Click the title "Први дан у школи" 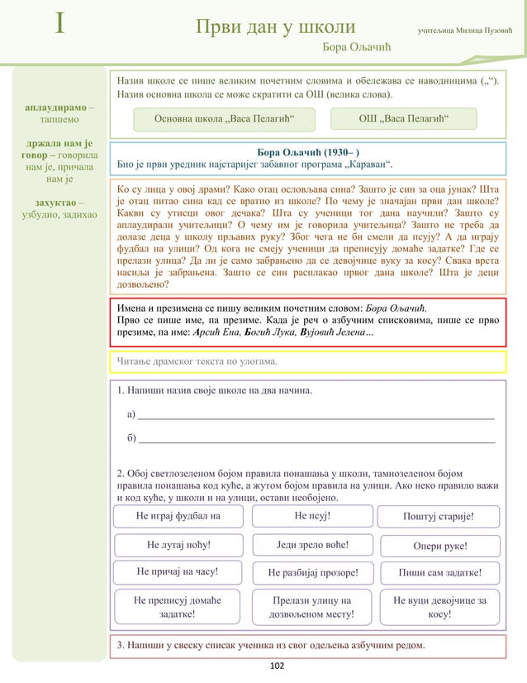275,28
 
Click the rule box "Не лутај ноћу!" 178,545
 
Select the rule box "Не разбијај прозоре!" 313,572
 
